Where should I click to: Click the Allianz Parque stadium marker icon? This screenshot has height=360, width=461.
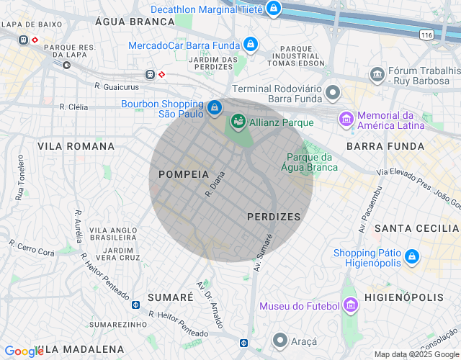(x=238, y=122)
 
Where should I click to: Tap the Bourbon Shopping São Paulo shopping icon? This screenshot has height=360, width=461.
(x=214, y=108)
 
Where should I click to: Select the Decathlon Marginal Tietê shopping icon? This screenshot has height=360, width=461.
(x=273, y=9)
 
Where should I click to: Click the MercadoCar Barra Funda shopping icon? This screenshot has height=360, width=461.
(x=250, y=45)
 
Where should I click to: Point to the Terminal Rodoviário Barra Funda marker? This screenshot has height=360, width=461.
(x=332, y=92)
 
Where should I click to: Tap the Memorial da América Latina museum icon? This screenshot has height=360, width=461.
(x=346, y=118)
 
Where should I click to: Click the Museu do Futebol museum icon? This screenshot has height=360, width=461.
(x=350, y=306)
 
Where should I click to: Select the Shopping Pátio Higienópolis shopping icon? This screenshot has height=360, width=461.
(x=411, y=256)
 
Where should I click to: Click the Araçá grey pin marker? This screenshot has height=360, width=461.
(x=280, y=340)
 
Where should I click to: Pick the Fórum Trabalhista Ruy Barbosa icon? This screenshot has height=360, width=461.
(x=377, y=74)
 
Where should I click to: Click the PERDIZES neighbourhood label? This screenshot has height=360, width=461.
(x=273, y=216)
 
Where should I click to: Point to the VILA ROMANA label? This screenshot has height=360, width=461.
(x=76, y=146)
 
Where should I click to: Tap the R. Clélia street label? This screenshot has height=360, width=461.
(x=73, y=107)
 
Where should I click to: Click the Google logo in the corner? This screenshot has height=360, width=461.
(x=24, y=351)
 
